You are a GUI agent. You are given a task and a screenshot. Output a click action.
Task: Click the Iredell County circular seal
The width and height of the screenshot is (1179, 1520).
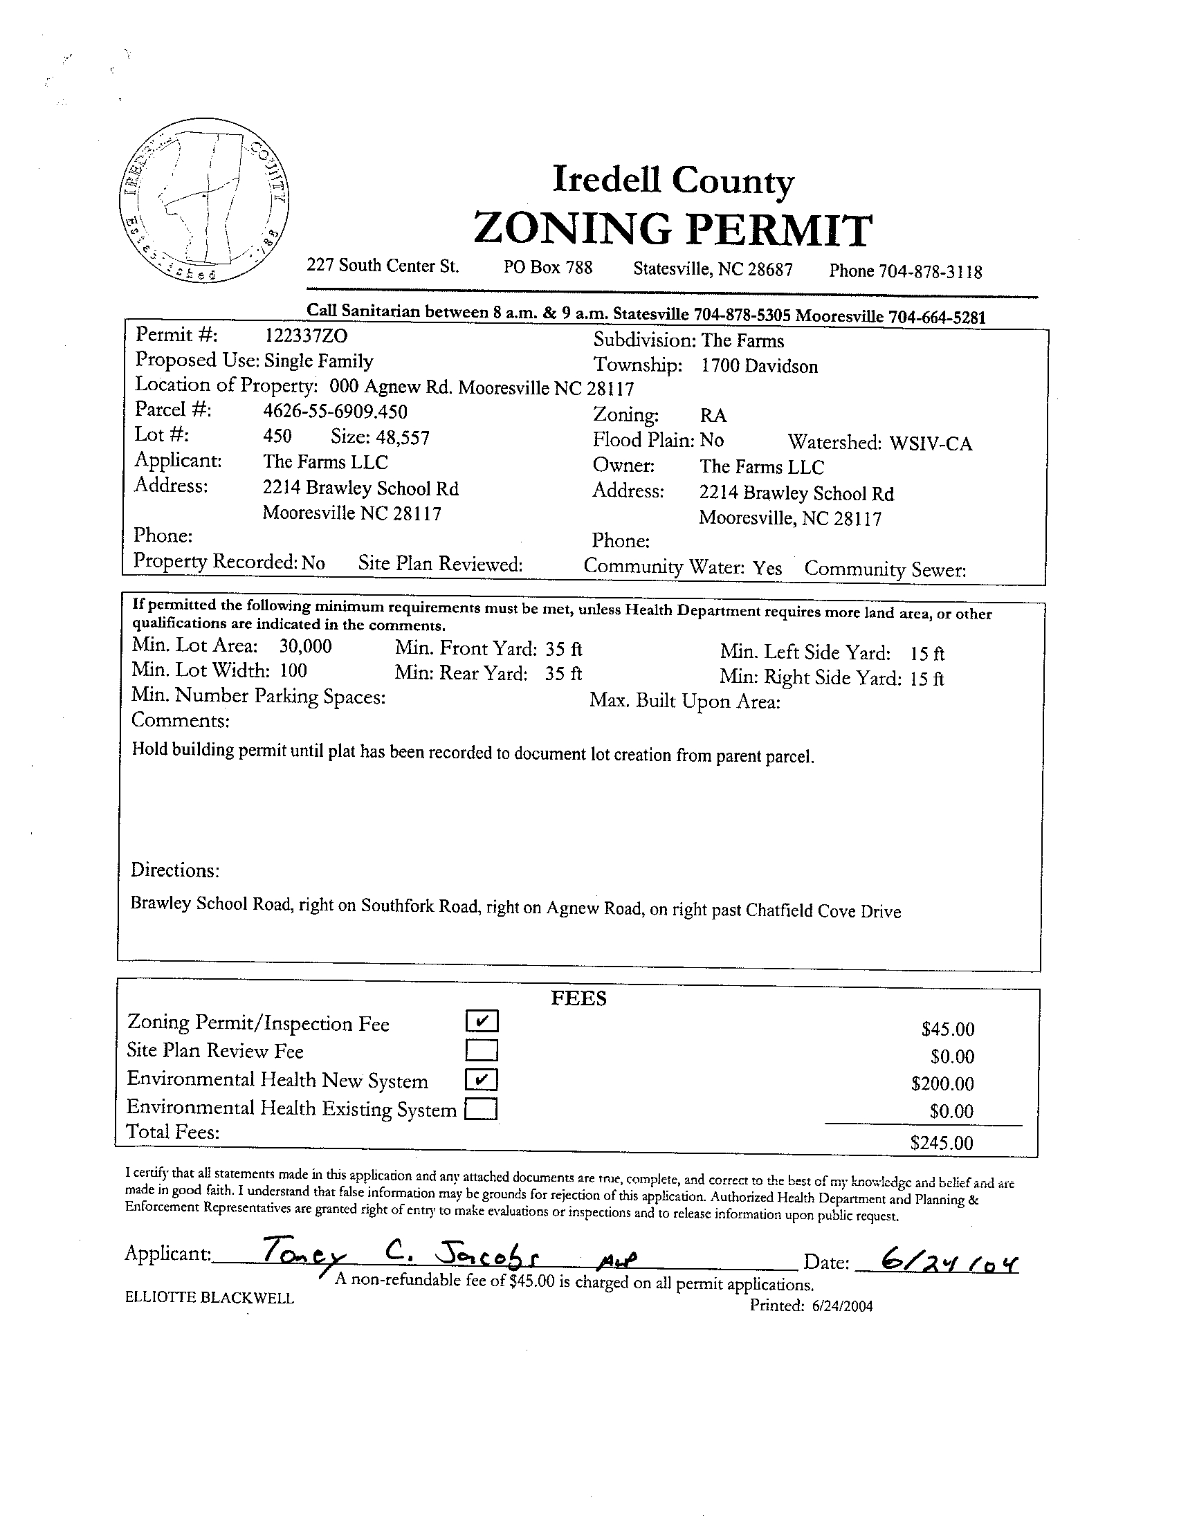pos(204,201)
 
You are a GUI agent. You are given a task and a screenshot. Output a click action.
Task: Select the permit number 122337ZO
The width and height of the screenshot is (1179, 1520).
pos(307,336)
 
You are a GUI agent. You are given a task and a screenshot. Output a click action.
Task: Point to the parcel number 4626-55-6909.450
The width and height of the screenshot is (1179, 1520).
pos(335,412)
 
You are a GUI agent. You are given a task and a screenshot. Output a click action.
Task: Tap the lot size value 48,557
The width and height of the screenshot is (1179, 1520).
pos(402,438)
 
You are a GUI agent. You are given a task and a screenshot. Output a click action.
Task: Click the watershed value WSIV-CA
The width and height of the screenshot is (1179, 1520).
pos(931,443)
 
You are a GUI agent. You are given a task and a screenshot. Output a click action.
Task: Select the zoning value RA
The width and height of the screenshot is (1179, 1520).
pos(713,416)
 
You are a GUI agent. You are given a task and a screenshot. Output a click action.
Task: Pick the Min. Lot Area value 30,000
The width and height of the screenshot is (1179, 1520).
pos(306,647)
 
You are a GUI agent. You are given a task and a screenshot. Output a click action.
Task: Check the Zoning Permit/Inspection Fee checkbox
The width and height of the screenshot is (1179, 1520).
pos(482,1021)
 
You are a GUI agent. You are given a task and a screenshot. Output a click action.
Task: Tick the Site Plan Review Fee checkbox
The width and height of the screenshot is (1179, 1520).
pos(482,1050)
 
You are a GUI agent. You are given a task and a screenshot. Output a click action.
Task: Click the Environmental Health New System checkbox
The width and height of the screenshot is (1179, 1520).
pos(482,1079)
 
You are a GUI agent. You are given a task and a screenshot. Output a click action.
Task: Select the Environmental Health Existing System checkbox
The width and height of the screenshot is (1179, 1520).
pos(481,1108)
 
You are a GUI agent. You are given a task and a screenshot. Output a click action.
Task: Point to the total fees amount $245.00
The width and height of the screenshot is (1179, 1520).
pos(942,1143)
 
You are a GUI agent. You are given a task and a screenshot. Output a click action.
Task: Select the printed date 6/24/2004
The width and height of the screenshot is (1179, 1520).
pos(841,1306)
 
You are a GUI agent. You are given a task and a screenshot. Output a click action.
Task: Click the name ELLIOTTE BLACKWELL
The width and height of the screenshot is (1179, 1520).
pos(210,1298)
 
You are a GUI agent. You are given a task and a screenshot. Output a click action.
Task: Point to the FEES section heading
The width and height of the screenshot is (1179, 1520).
pos(578,999)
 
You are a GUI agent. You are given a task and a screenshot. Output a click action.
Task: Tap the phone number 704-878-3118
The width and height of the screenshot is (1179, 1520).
pos(930,271)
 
